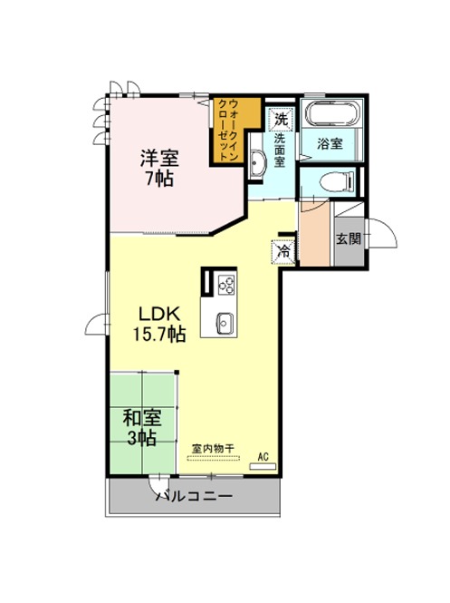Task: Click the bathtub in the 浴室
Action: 333,113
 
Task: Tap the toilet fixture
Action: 337,181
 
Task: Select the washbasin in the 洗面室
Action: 257,160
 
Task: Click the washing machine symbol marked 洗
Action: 282,119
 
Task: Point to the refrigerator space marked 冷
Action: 283,251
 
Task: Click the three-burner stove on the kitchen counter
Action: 226,286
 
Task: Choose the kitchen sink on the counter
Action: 225,324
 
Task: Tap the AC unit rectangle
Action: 263,466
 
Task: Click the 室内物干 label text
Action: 213,448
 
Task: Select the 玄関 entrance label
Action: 349,238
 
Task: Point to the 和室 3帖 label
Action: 142,427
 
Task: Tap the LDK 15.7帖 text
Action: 159,325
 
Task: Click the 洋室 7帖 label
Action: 159,168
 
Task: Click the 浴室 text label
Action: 330,144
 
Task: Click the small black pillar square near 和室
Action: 177,372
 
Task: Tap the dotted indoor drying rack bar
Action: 213,458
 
